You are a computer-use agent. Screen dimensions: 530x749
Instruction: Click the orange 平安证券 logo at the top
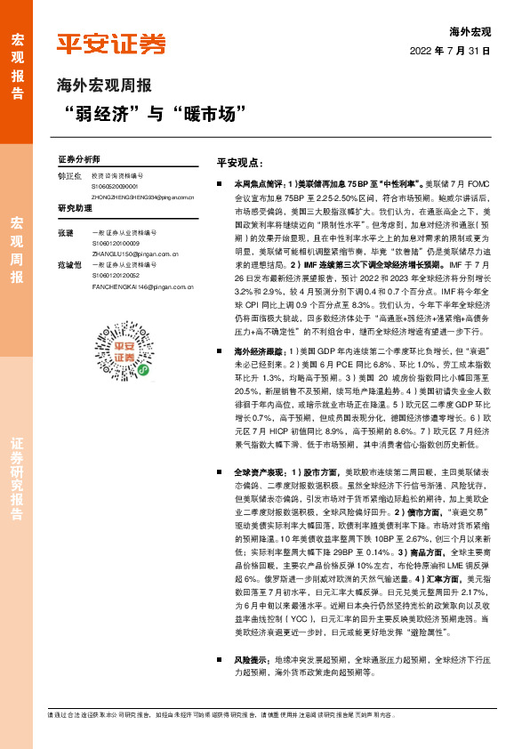(111, 44)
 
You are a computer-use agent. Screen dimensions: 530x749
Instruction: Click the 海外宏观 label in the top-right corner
(470, 31)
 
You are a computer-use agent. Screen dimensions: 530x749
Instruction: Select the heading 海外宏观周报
(104, 86)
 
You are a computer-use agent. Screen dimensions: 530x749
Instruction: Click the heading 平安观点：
(241, 164)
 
